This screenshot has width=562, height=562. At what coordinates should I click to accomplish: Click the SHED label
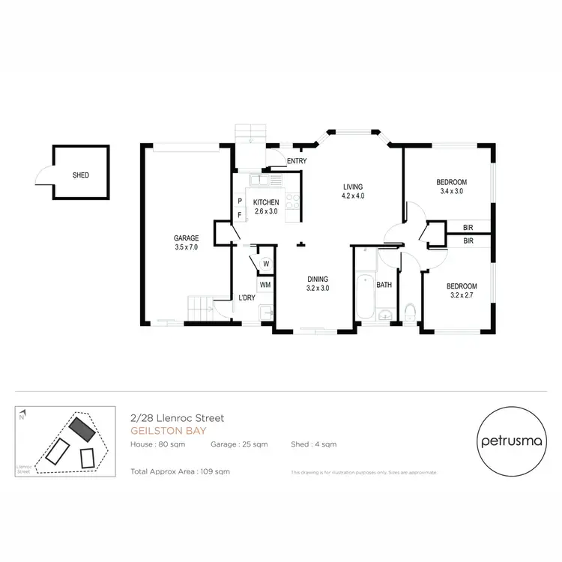coord(80,175)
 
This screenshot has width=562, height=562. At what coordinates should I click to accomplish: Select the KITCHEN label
coord(266,202)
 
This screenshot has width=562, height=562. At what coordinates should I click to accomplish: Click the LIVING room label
coord(352,187)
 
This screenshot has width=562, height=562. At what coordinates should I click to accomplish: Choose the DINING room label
coord(318,279)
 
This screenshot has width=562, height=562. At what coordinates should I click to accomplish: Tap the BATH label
coord(384,285)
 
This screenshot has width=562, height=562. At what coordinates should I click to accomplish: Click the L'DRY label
coord(247,299)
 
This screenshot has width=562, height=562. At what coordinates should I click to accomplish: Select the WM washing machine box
coord(265,285)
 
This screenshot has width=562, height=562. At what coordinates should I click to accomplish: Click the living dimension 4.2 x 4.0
coord(352,196)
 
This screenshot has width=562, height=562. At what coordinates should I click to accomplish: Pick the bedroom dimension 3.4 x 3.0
coord(452,191)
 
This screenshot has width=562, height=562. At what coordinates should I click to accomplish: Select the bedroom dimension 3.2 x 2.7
coord(462,295)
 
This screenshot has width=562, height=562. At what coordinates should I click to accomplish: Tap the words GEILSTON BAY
coord(160,431)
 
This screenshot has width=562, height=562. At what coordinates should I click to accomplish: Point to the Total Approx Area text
coord(180,471)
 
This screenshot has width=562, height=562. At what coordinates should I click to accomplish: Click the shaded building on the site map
coord(82,429)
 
